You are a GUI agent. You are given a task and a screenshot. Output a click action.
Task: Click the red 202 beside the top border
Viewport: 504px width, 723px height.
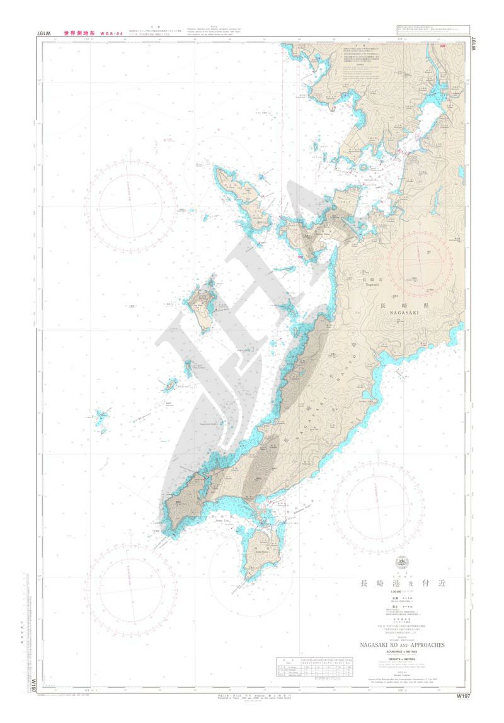(443, 46)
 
